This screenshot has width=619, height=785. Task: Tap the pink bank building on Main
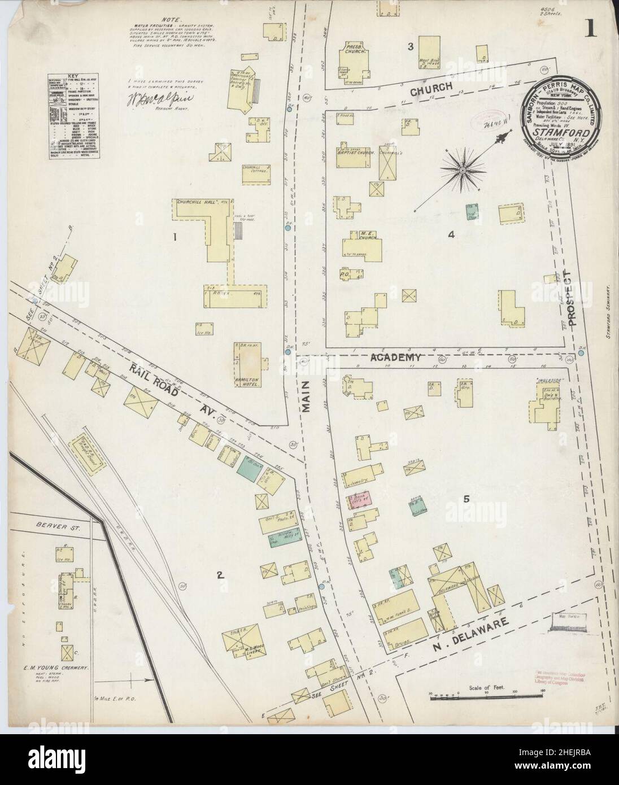[x=359, y=500]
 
